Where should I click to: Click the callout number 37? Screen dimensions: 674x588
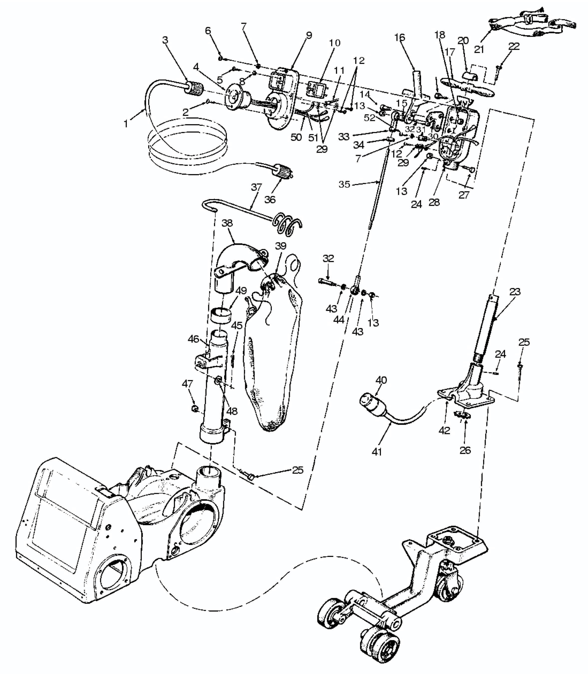(x=256, y=187)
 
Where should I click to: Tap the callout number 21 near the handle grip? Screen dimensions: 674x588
(x=479, y=49)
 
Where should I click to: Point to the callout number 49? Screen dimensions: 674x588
(x=241, y=291)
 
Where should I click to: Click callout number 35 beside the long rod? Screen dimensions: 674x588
(x=344, y=184)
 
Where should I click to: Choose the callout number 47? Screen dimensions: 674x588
(x=187, y=384)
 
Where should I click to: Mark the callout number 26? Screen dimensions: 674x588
(x=465, y=450)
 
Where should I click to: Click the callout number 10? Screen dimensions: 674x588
(x=335, y=43)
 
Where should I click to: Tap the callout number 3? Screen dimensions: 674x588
(x=165, y=40)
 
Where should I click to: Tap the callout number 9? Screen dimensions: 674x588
(x=309, y=35)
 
